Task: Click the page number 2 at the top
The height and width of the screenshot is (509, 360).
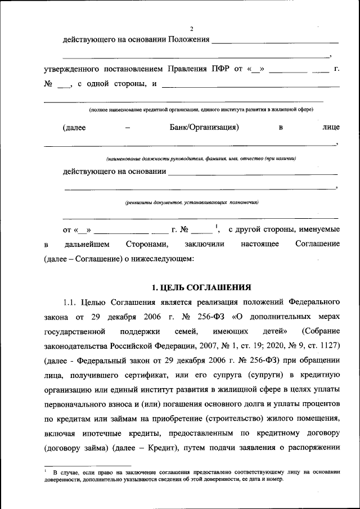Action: (191, 29)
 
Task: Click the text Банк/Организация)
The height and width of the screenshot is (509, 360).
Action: (205, 127)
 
